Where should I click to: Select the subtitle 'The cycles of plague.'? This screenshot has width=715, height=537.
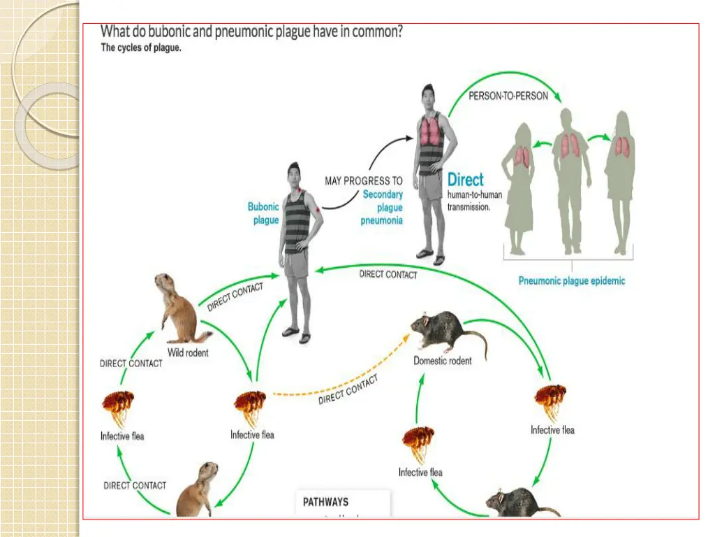(x=141, y=48)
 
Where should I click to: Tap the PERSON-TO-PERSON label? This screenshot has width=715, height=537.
(x=508, y=96)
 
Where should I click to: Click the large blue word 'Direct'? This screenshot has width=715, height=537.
(x=466, y=179)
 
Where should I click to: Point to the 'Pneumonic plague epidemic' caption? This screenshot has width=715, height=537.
(x=571, y=281)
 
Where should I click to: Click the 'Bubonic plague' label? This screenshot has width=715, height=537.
(x=263, y=213)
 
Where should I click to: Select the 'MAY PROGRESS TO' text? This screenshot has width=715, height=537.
(x=363, y=181)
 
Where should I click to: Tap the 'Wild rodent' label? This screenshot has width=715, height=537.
(x=188, y=353)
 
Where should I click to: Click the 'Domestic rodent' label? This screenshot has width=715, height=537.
(x=442, y=361)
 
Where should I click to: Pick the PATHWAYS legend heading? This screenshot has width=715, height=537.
(x=325, y=501)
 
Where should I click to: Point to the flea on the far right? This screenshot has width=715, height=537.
(x=550, y=402)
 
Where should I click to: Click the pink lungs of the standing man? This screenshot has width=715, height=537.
(x=431, y=131)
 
